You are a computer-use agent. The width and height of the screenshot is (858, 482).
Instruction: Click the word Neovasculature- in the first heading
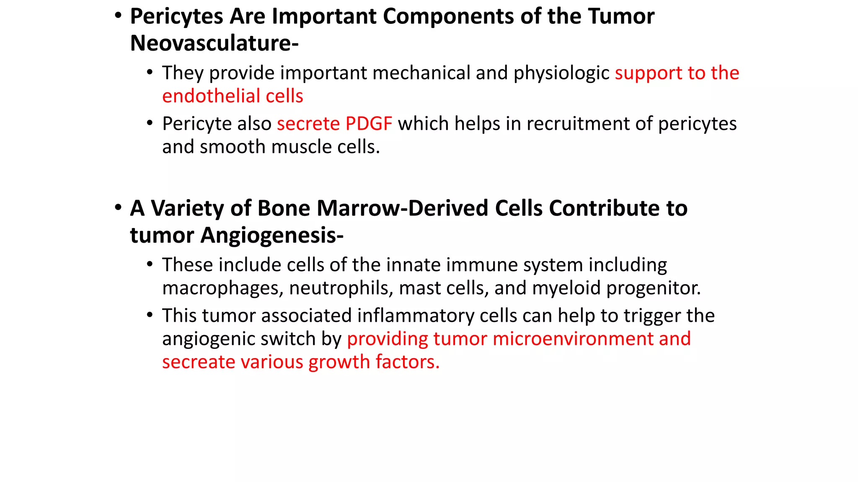pos(214,43)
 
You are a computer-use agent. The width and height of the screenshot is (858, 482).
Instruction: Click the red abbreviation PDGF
pos(369,124)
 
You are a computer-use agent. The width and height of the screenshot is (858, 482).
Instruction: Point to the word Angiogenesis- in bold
pos(272,236)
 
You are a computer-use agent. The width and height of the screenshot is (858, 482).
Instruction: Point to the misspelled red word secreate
pos(198,362)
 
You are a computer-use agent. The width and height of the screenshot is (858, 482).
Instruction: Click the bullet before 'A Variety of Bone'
pos(118,208)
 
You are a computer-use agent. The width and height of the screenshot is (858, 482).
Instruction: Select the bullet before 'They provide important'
pos(150,72)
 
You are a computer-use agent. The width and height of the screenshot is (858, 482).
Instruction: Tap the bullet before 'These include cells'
pos(150,264)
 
